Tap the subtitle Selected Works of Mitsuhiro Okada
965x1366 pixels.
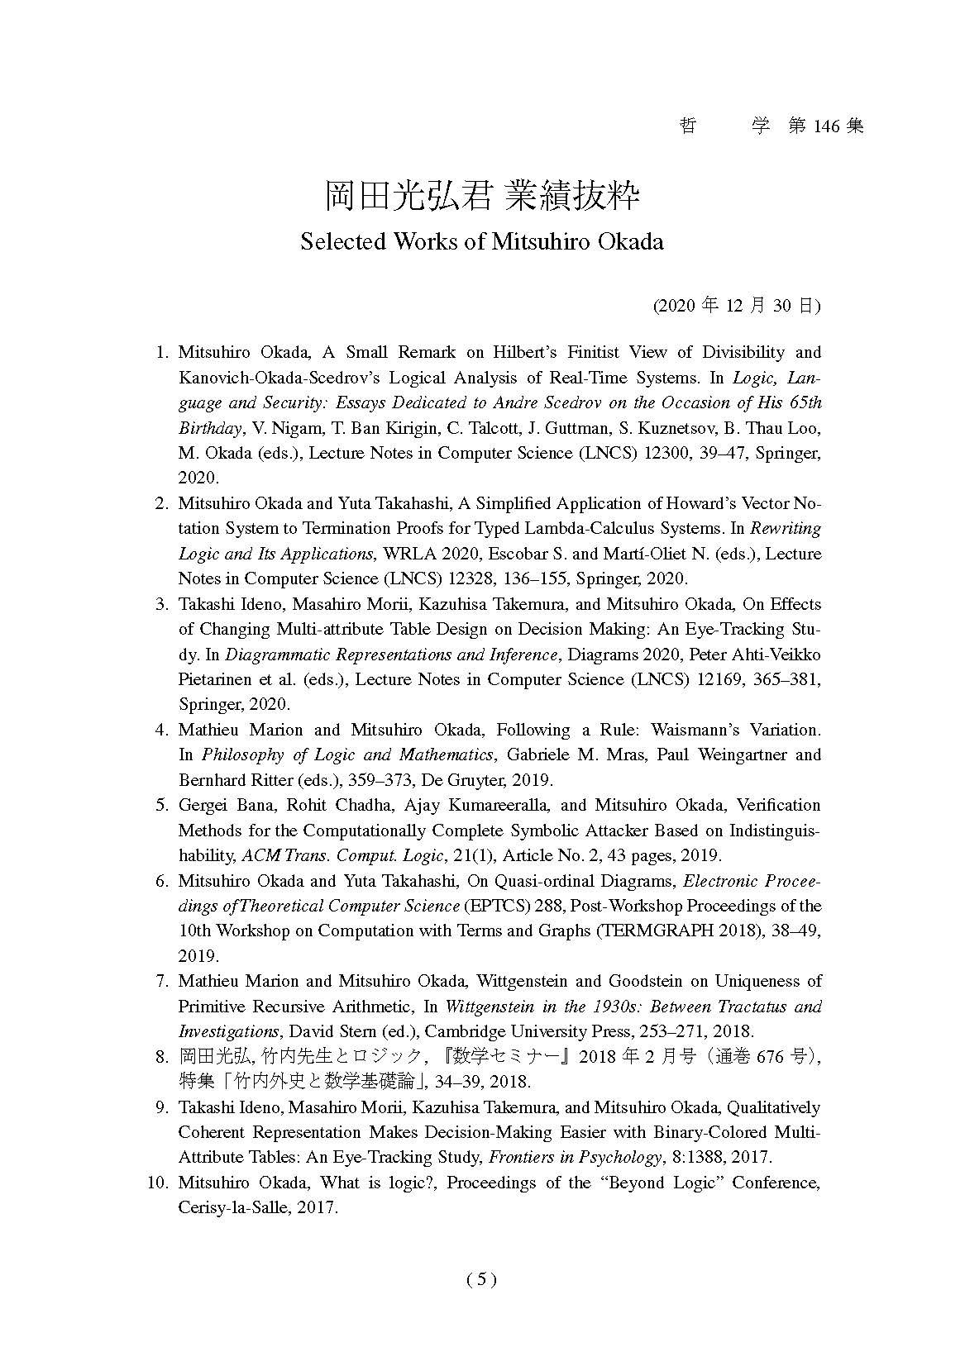coord(482,241)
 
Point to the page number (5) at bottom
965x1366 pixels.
coord(481,1279)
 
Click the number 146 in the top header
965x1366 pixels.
coord(826,126)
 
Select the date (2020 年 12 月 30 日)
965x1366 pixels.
coord(737,306)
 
